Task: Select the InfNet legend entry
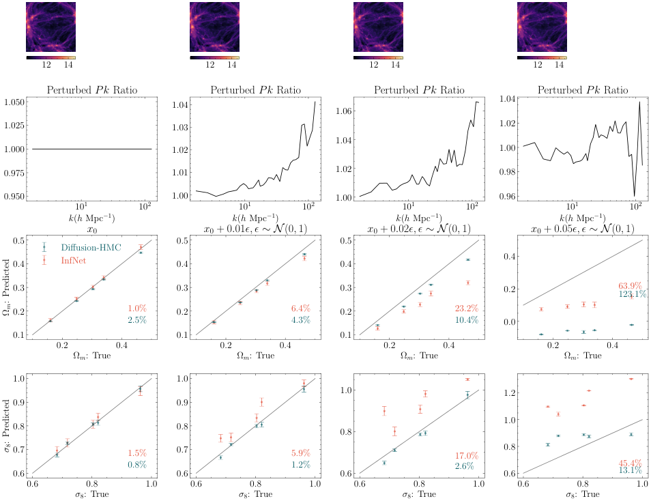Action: [76, 259]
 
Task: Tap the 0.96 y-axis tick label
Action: [508, 197]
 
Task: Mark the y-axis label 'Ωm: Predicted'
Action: [8, 287]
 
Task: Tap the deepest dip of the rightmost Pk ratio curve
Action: [634, 196]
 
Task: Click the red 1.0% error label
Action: [137, 309]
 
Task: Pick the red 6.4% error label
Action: [301, 309]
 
